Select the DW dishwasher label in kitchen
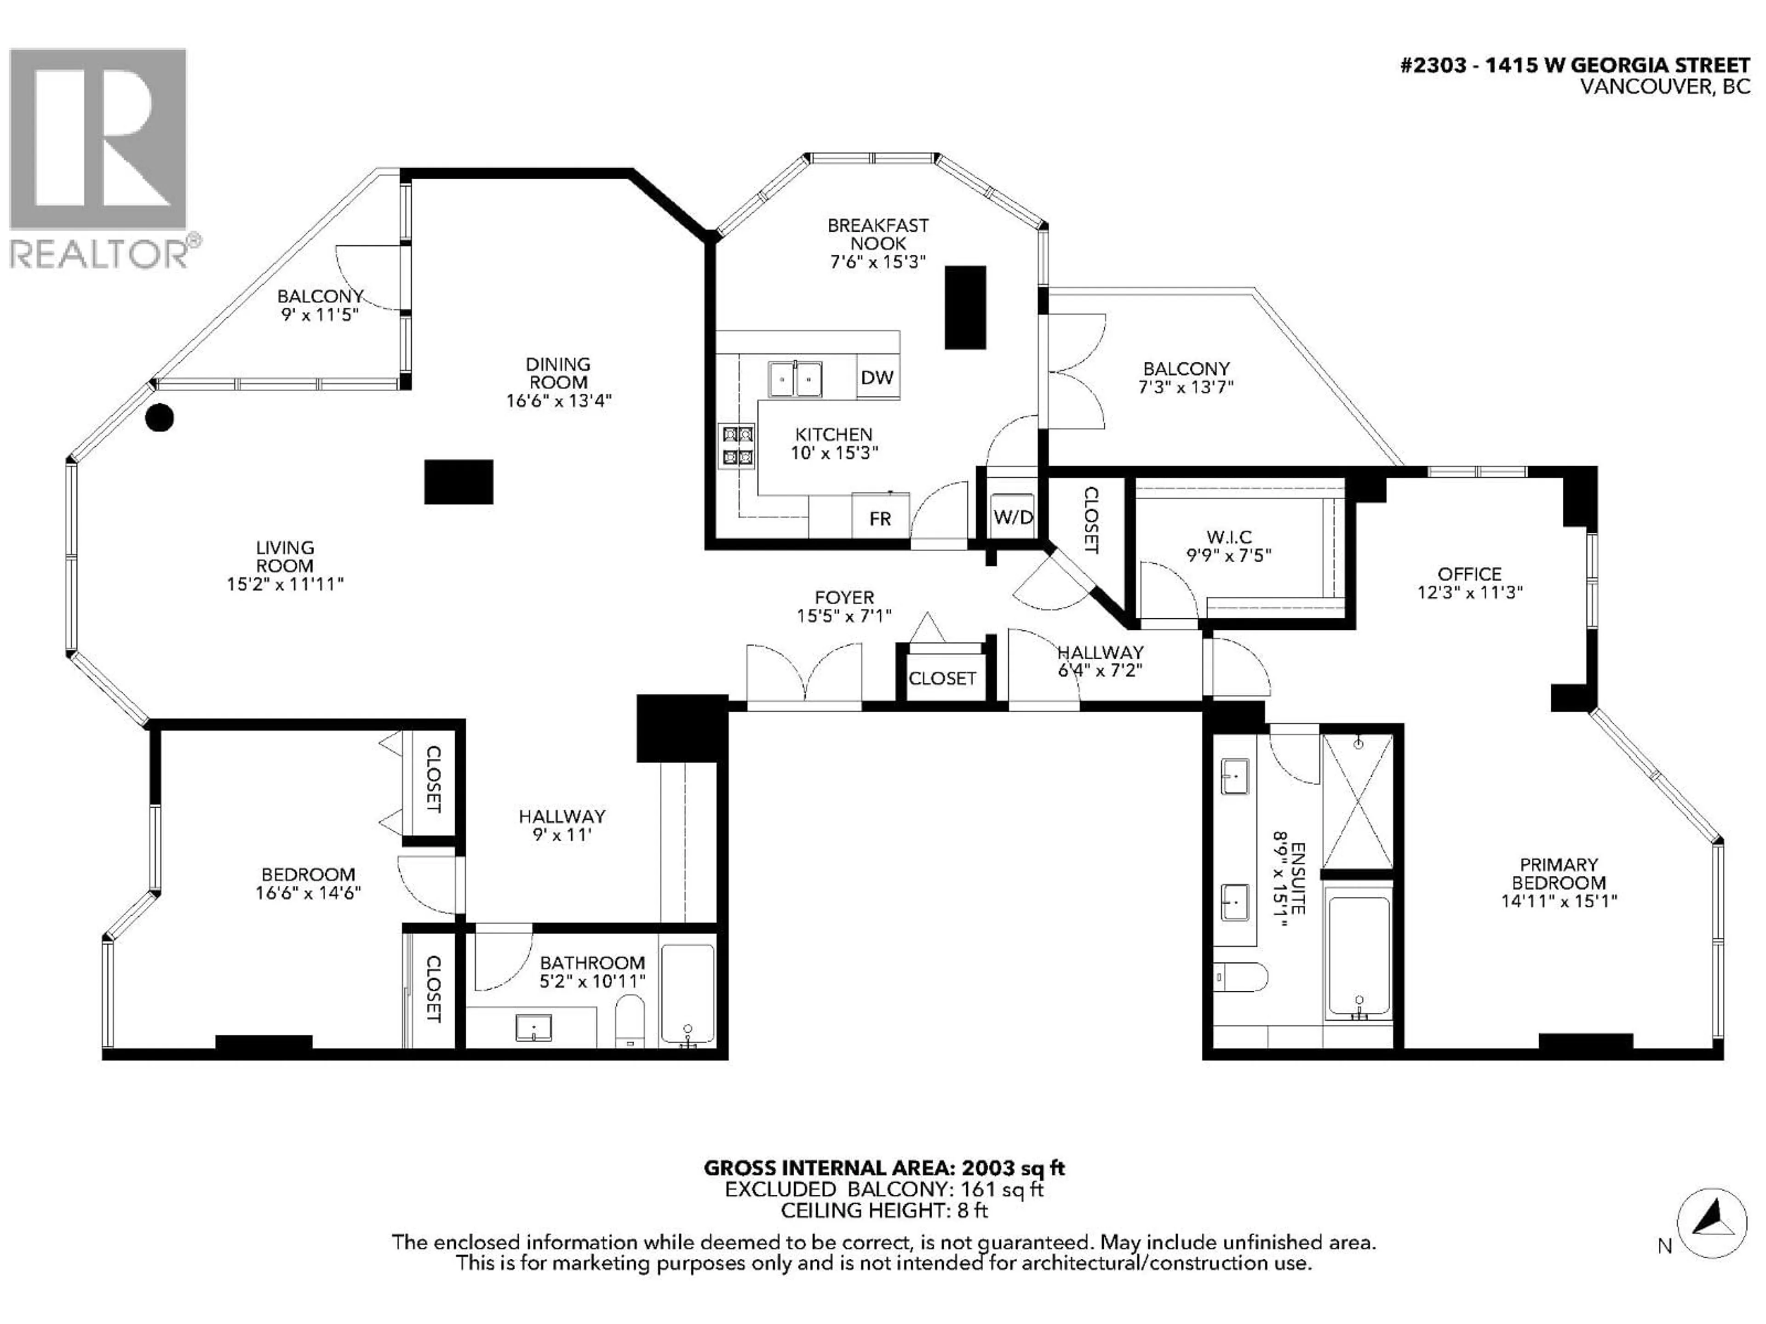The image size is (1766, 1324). (x=877, y=377)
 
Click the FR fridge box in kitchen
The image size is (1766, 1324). (x=880, y=519)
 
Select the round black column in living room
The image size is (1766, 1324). (x=160, y=417)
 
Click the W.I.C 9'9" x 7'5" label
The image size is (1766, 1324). (x=1229, y=546)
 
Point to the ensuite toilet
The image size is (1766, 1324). (x=1240, y=976)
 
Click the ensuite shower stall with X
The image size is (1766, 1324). (x=1358, y=801)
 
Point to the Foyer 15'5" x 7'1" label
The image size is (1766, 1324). (x=844, y=606)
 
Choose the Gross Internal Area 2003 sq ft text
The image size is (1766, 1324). (x=884, y=1168)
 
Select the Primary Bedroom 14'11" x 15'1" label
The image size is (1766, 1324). (x=1559, y=883)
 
